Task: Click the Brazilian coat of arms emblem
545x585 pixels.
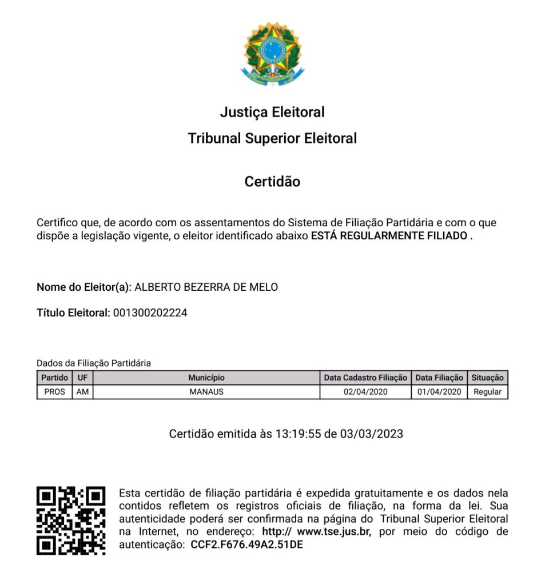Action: point(272,54)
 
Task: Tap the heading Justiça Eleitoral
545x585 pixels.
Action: point(272,112)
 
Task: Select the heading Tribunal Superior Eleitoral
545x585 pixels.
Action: point(272,138)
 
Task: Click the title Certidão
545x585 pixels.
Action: point(272,182)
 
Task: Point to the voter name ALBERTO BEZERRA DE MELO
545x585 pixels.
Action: point(206,287)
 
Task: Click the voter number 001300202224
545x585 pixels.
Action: point(150,313)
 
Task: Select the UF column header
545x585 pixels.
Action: point(82,378)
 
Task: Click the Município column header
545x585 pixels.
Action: point(206,378)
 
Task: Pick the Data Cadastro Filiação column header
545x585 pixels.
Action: point(365,378)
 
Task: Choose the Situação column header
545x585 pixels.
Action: point(487,378)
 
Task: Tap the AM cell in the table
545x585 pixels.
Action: point(82,392)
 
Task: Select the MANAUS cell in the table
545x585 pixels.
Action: point(206,392)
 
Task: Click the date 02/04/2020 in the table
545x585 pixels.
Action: point(365,392)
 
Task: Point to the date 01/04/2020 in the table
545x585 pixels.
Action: point(439,392)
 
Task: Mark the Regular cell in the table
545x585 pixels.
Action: point(487,392)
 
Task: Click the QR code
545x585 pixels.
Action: point(71,520)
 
